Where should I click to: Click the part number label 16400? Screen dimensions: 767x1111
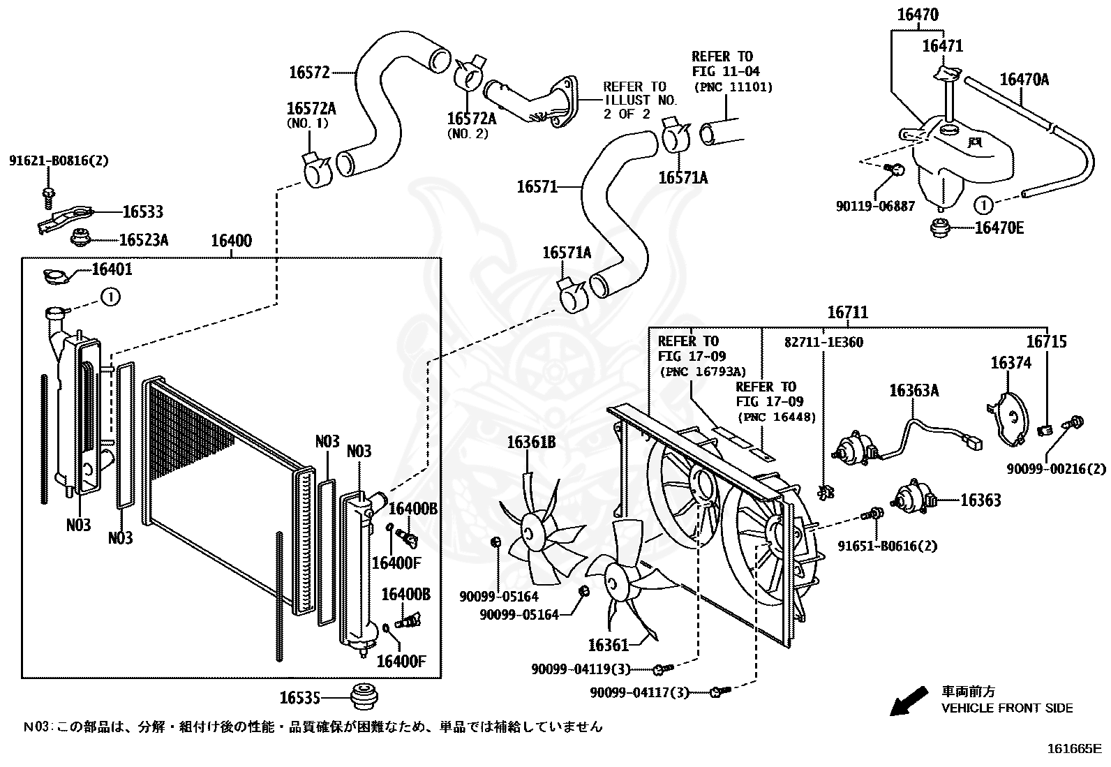231,241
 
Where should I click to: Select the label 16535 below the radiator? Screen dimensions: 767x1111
299,697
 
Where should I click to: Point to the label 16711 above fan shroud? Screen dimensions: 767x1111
848,313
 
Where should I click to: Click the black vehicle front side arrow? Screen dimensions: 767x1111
909,701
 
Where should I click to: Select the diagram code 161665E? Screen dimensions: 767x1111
1073,750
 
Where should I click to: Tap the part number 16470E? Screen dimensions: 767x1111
999,228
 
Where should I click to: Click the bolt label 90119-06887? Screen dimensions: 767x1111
875,207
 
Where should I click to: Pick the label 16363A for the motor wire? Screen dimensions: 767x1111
914,391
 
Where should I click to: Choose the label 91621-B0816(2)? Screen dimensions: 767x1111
59,161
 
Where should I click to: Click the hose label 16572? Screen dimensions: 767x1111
308,71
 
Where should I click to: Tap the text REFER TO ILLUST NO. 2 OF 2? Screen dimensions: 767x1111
639,100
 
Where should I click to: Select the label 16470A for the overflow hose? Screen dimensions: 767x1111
1024,80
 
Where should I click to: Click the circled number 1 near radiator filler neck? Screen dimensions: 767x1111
110,297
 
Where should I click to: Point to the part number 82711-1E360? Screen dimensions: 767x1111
823,342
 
